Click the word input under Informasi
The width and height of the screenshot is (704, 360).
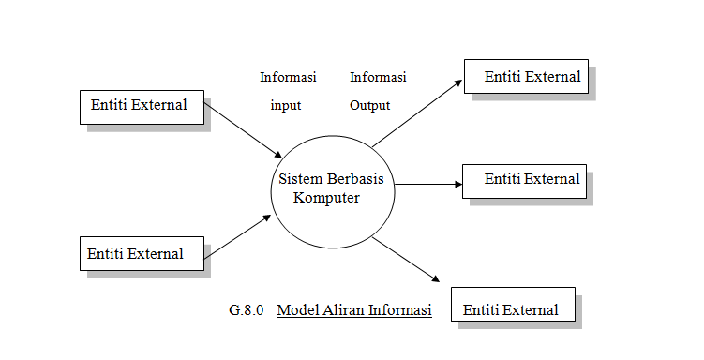[285, 105]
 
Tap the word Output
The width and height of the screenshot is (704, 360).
[369, 105]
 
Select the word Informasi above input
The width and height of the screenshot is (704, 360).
[288, 77]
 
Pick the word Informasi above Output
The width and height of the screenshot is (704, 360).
[378, 77]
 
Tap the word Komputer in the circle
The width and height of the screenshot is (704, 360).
[326, 198]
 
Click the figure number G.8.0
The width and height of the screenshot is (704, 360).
[247, 309]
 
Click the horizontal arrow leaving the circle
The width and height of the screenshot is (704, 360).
[428, 185]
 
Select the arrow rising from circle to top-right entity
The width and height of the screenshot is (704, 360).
[416, 113]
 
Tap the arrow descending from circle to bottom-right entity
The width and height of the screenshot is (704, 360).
[406, 258]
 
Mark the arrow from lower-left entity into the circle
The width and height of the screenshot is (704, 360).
[238, 235]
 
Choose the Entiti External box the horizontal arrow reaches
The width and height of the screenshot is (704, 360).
[524, 179]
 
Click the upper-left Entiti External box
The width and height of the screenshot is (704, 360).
[141, 106]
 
